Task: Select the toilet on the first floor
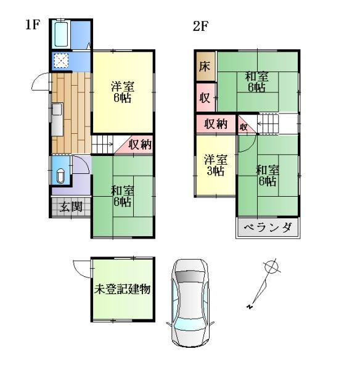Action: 60,175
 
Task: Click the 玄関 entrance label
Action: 70,207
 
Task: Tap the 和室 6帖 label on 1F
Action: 121,195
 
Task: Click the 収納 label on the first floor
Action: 141,145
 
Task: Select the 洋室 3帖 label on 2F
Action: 215,165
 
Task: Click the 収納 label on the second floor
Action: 216,124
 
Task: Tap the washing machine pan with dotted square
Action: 62,60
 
